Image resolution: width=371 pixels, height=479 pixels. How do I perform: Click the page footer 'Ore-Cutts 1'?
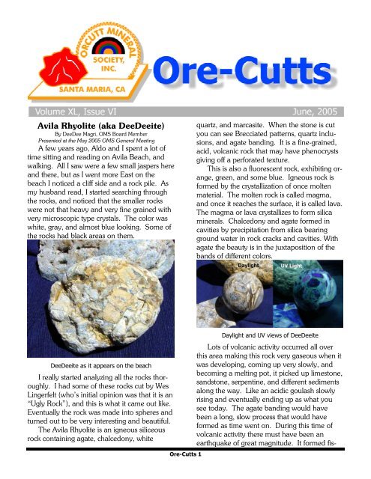pyautogui.click(x=186, y=473)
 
